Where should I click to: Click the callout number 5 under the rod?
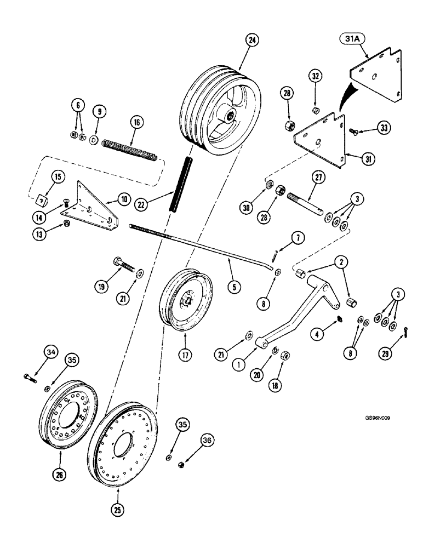pyautogui.click(x=233, y=285)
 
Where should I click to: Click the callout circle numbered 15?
pyautogui.click(x=56, y=177)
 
